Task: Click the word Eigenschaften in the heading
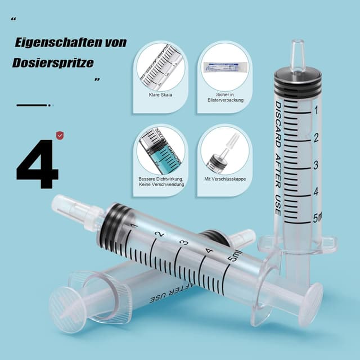point(63,43)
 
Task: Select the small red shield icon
point(60,135)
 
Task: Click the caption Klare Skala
point(161,94)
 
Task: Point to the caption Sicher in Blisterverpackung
point(224,98)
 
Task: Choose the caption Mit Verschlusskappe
point(224,179)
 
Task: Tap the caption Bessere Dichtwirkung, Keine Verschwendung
point(161,182)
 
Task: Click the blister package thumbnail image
point(224,66)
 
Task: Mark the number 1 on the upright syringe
point(317,110)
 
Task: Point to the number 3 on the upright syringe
point(317,165)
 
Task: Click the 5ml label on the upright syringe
point(318,218)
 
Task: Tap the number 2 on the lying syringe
point(160,234)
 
